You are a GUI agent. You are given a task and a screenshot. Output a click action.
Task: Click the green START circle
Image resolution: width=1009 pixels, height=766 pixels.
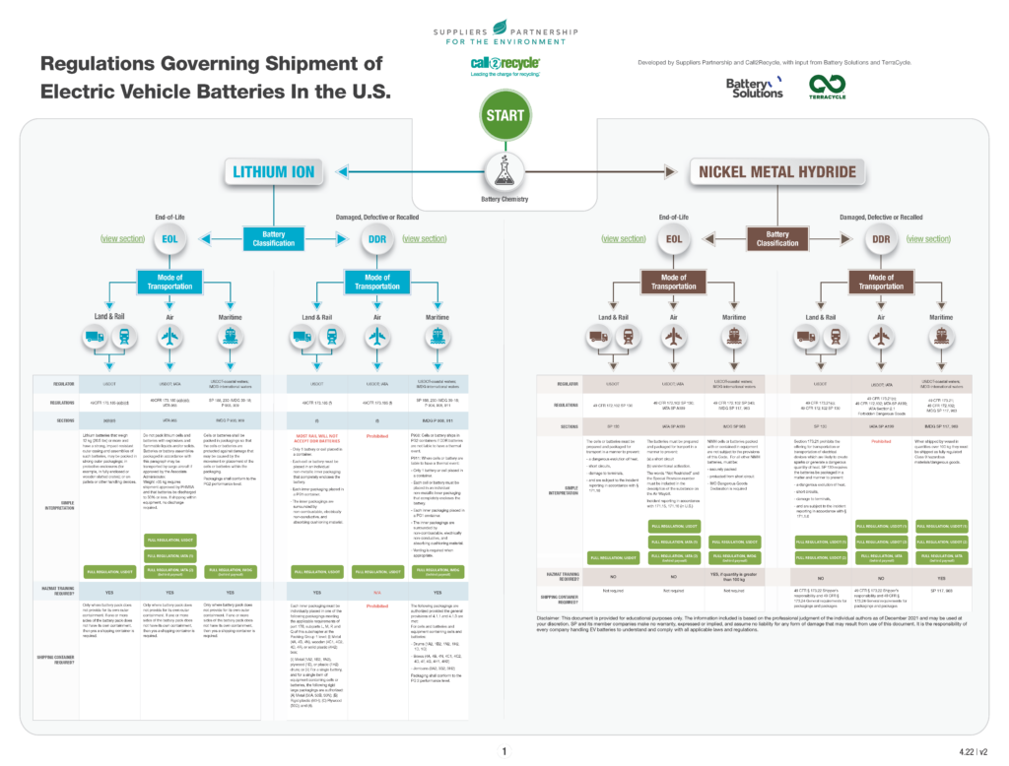click(504, 116)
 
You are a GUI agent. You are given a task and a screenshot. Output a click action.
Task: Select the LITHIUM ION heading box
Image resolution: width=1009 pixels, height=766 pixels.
click(273, 171)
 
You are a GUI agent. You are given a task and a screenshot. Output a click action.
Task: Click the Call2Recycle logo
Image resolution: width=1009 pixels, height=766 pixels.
click(504, 65)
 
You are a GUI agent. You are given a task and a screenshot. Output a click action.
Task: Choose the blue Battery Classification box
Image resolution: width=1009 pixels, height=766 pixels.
click(273, 237)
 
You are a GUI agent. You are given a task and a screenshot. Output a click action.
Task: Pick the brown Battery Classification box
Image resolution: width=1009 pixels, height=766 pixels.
click(776, 237)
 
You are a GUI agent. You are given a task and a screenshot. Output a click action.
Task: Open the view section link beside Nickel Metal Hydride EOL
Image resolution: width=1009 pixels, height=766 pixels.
click(623, 238)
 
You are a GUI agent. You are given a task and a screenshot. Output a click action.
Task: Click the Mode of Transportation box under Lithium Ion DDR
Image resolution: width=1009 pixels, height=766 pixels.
click(377, 282)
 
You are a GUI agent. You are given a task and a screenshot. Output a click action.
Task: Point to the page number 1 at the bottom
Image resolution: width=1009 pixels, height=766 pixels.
click(504, 751)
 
